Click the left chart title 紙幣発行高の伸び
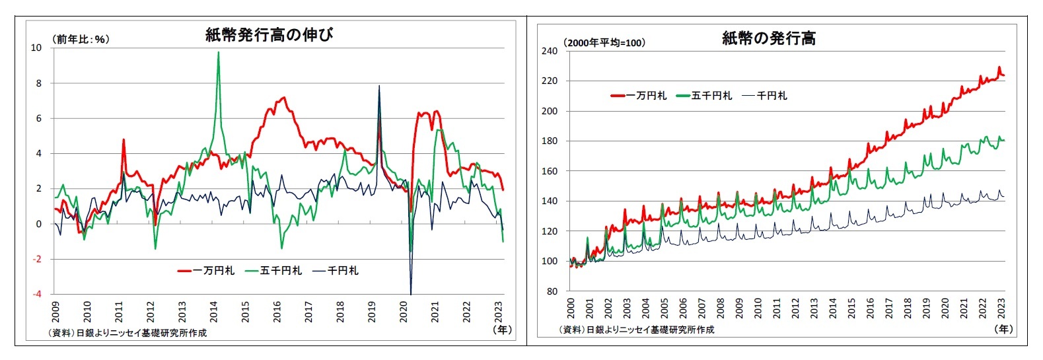point(269,35)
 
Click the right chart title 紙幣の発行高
point(769,39)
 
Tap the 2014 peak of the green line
point(219,53)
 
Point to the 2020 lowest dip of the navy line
point(411,293)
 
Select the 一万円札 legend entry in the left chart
point(206,271)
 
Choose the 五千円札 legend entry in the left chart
point(273,271)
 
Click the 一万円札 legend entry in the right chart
point(639,96)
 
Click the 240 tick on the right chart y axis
point(550,51)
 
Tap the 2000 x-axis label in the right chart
point(571,308)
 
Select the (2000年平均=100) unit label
point(604,43)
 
